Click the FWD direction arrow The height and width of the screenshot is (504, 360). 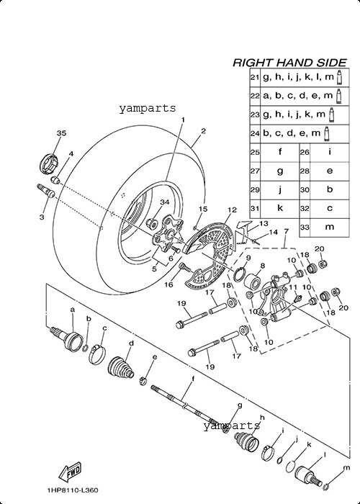70,472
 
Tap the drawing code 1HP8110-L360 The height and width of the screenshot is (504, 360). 72,490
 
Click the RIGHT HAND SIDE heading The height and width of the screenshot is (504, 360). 289,63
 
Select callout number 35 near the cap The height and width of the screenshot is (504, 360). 61,132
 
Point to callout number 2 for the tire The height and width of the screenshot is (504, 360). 203,131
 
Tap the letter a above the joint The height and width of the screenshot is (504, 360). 72,310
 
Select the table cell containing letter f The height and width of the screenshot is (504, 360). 279,152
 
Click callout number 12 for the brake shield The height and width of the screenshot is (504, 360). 232,210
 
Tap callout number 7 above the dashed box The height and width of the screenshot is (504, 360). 286,231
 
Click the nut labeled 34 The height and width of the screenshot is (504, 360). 152,222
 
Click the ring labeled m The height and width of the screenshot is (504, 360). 326,486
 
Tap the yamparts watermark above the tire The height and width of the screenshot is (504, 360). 147,108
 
